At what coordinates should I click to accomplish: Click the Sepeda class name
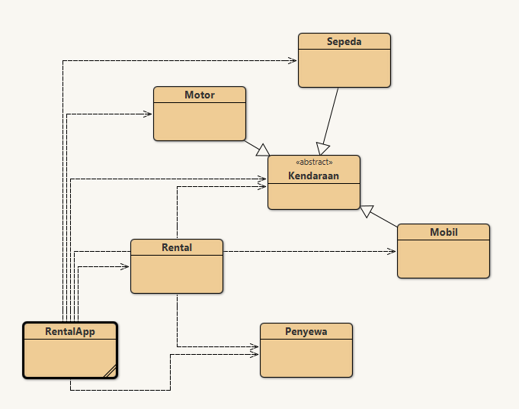click(344, 42)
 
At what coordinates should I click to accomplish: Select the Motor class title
click(199, 95)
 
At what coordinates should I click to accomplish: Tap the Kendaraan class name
click(313, 176)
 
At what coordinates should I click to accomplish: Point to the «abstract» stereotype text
click(313, 163)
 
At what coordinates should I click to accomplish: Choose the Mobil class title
click(444, 232)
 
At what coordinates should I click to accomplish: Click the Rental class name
click(177, 248)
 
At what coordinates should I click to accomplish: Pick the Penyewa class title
click(306, 331)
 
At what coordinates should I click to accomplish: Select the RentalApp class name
click(69, 331)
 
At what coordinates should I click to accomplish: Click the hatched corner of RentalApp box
click(110, 372)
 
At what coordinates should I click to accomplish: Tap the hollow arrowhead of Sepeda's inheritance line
click(323, 148)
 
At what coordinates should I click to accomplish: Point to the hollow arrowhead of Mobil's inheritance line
click(367, 211)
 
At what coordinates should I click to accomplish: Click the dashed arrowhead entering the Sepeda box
click(293, 60)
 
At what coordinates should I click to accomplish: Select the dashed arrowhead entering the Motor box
click(148, 114)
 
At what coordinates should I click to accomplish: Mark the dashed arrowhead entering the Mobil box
click(392, 251)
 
